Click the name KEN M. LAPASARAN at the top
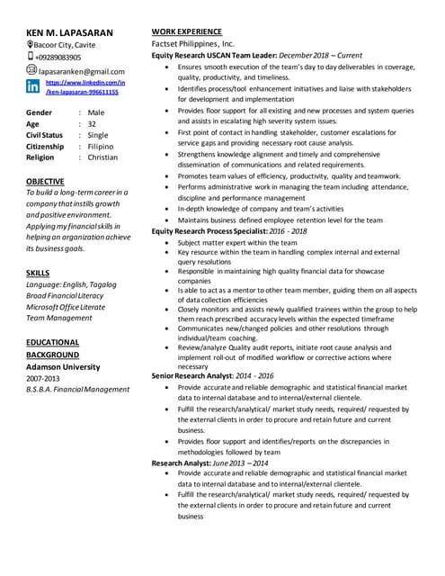coord(70,32)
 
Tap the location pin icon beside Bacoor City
coord(31,44)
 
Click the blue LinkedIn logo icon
coord(33,87)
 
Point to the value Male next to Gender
coord(96,112)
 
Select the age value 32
coord(93,124)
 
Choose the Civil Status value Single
coord(98,135)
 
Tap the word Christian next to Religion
coord(102,157)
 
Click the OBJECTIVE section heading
coord(45,181)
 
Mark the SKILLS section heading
coord(38,272)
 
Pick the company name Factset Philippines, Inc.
coord(192,43)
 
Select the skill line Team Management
coord(59,318)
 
